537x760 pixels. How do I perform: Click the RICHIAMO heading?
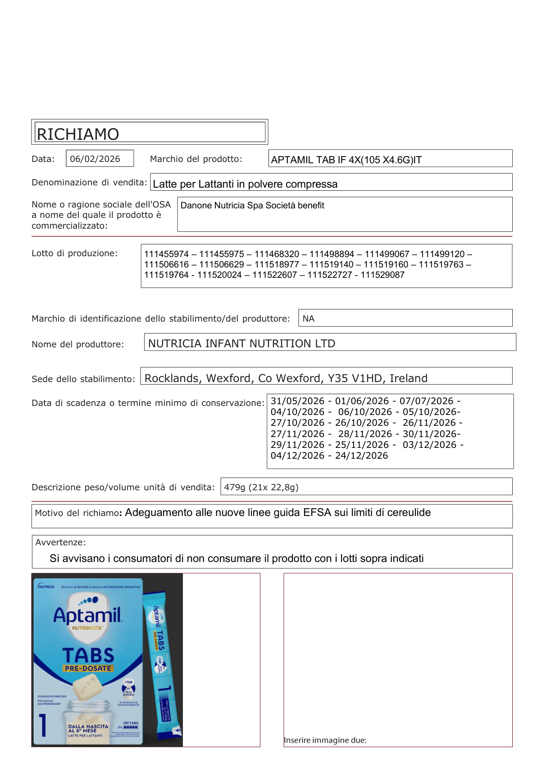(x=78, y=134)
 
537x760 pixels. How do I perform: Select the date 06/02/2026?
(x=95, y=159)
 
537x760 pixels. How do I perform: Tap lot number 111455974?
(x=166, y=254)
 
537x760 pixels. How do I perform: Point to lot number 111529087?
(x=382, y=275)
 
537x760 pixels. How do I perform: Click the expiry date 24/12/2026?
(x=361, y=456)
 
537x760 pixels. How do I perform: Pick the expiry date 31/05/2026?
(x=297, y=401)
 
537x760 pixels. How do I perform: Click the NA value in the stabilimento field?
(x=309, y=318)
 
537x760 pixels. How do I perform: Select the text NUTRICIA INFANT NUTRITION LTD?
(x=241, y=344)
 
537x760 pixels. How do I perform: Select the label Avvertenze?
(x=60, y=542)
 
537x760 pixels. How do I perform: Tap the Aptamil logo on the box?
(x=88, y=615)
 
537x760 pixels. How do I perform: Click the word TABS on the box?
(x=88, y=655)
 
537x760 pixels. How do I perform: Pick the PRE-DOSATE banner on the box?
(x=88, y=668)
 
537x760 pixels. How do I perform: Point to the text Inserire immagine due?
(x=325, y=740)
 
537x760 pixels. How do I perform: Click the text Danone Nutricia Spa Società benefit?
(x=252, y=206)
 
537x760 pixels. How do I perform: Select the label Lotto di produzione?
(x=74, y=253)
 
